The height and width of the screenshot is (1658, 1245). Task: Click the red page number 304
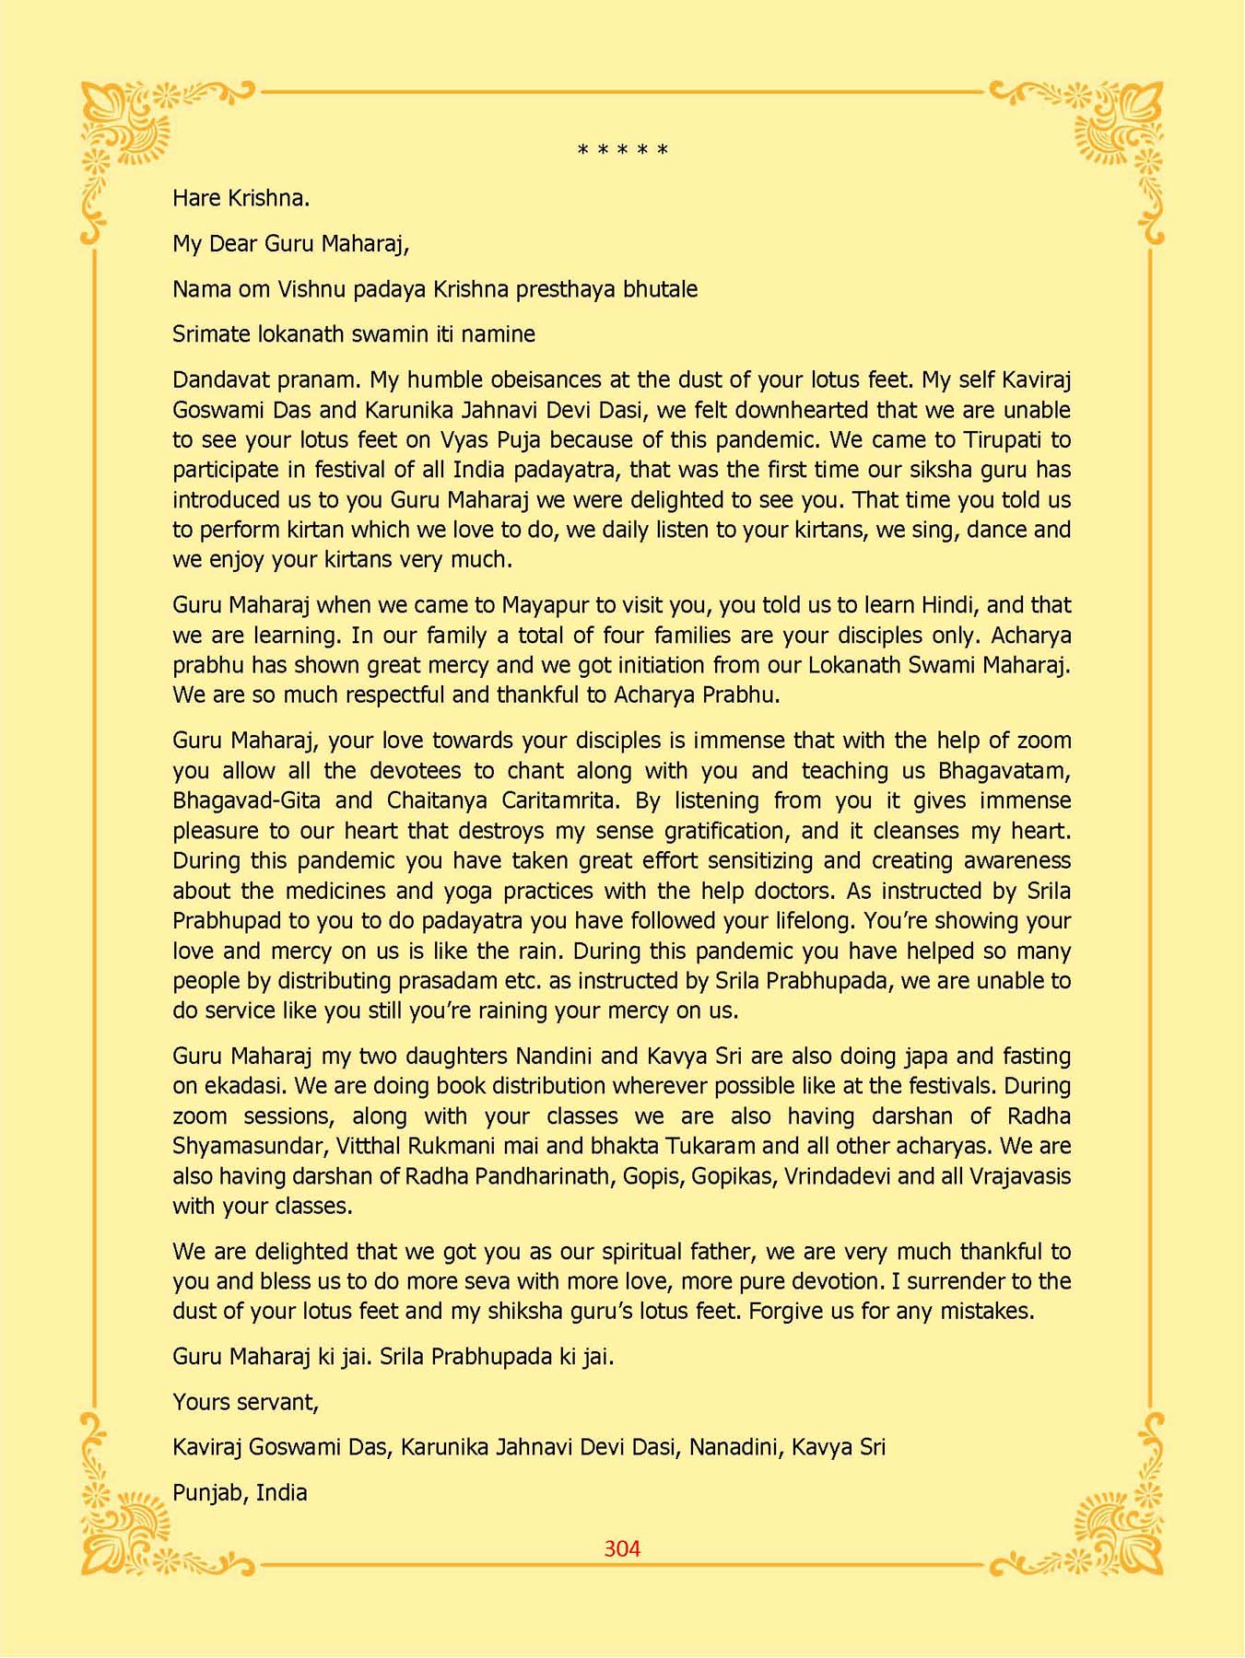pyautogui.click(x=622, y=1548)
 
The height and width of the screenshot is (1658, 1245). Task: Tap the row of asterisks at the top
pyautogui.click(x=622, y=150)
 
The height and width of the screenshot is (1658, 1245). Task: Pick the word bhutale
pyautogui.click(x=661, y=289)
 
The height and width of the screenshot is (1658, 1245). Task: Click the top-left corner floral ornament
pyautogui.click(x=129, y=129)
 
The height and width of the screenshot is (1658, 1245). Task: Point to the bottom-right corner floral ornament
pyautogui.click(x=1116, y=1524)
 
